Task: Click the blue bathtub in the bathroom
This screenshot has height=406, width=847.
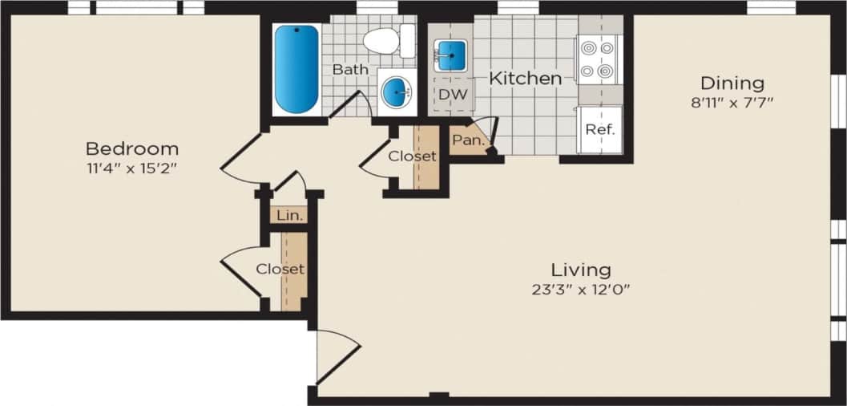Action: pos(296,69)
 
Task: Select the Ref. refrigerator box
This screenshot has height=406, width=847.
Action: pos(599,129)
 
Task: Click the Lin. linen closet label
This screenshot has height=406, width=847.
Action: pos(288,216)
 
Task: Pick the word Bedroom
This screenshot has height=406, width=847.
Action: pos(132,148)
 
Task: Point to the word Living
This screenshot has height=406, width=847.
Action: pos(580,270)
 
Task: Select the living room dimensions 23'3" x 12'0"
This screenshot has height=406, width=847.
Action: pos(580,289)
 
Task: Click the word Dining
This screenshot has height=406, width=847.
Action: pos(732,83)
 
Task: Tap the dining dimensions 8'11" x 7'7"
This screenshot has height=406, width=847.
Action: pos(732,102)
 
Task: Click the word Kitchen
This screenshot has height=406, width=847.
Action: pos(525,79)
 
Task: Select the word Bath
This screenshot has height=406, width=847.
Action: pos(350,70)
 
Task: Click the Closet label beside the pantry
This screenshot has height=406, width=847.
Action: pos(412,156)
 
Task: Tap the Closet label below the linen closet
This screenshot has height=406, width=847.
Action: pos(280,269)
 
